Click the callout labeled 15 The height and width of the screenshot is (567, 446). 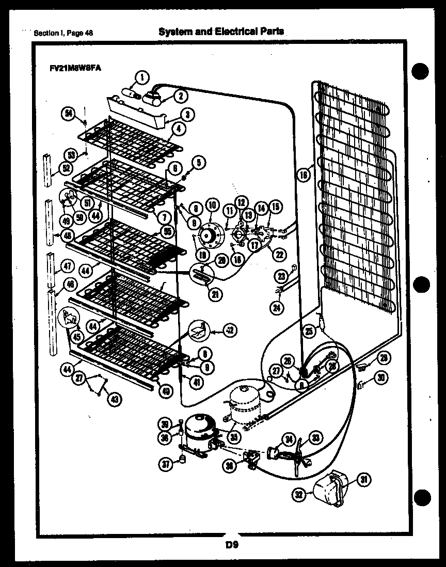pos(275,207)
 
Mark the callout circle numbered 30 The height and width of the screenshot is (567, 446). pos(380,379)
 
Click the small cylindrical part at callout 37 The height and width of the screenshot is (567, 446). pos(182,460)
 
